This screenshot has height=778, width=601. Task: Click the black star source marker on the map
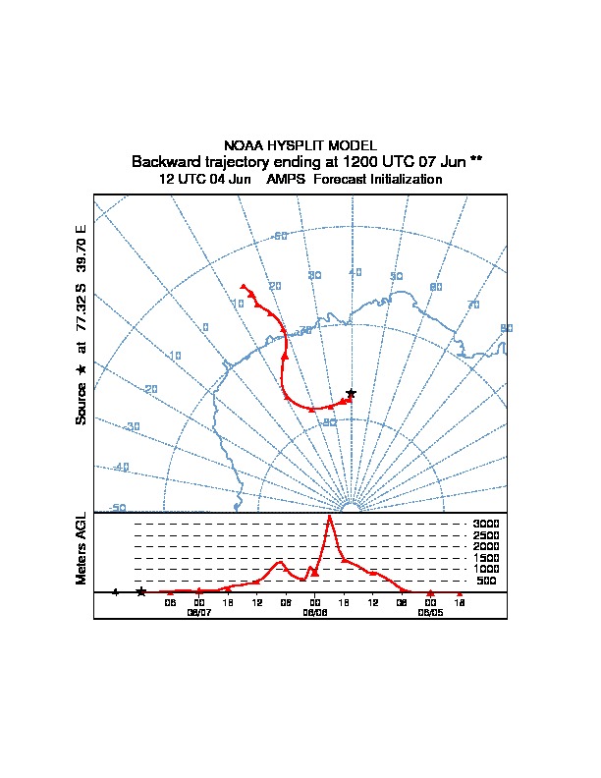tap(351, 393)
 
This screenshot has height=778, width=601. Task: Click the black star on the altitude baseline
tap(141, 591)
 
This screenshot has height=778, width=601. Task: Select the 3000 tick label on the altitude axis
tap(486, 524)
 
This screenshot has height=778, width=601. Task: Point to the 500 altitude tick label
tap(486, 581)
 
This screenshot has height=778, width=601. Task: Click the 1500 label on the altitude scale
tap(486, 558)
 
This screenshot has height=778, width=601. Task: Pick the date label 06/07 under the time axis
tap(199, 611)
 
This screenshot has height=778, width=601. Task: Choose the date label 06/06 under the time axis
tap(314, 611)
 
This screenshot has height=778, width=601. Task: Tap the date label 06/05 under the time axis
tap(430, 611)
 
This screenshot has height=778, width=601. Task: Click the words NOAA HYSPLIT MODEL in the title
tap(300, 145)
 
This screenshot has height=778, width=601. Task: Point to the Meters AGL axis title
tap(82, 548)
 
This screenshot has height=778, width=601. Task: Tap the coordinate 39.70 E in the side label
tap(82, 248)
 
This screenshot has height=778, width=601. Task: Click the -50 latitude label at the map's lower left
tap(117, 508)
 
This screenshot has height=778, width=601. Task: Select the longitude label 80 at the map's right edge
tap(506, 328)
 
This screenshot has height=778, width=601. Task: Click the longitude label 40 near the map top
tap(355, 272)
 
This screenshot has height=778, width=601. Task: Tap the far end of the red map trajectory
tap(243, 286)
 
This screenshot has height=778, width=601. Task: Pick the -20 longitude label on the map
tap(150, 390)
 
